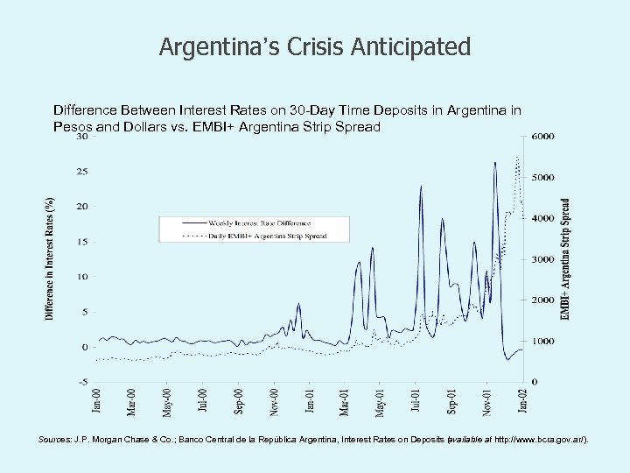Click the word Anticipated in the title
tap(416, 46)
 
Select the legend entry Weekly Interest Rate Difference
tap(262, 222)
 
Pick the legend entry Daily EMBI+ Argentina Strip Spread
tap(266, 235)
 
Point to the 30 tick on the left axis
tap(80, 137)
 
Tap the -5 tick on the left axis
tap(80, 381)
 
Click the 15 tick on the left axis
tap(80, 242)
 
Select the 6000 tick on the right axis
tap(542, 137)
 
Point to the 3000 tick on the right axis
tap(542, 259)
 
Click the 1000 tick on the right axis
tap(542, 341)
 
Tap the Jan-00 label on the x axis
tap(96, 402)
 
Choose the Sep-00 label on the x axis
tap(239, 402)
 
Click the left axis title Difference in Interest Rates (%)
tap(50, 258)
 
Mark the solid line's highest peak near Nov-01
tap(495, 163)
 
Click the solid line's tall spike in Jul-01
tap(422, 187)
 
